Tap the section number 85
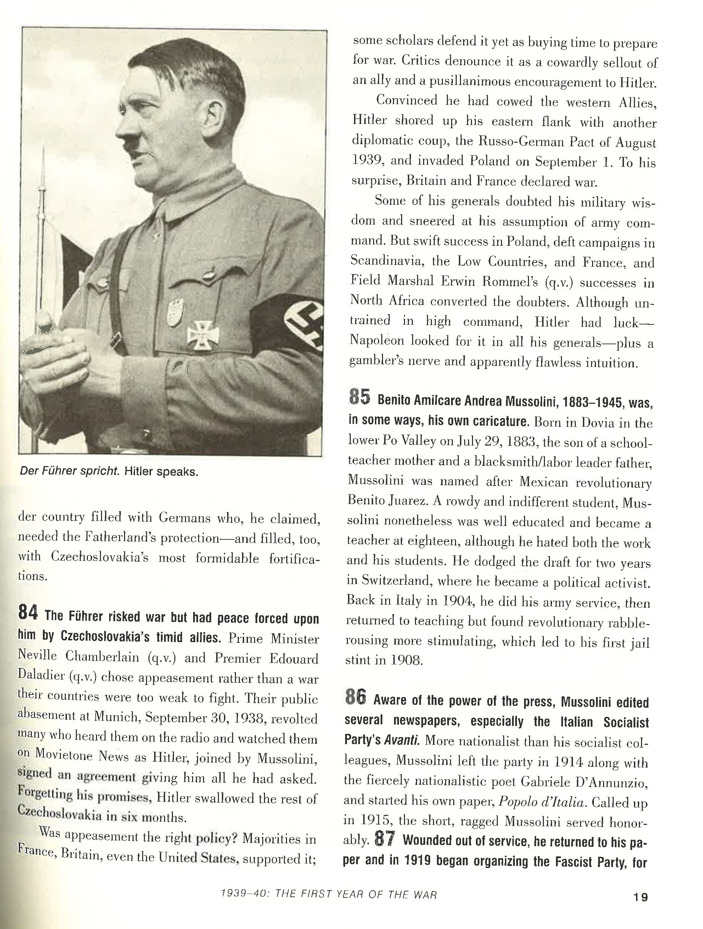pos(359,398)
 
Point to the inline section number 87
pos(384,839)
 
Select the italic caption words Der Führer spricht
pos(69,471)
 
